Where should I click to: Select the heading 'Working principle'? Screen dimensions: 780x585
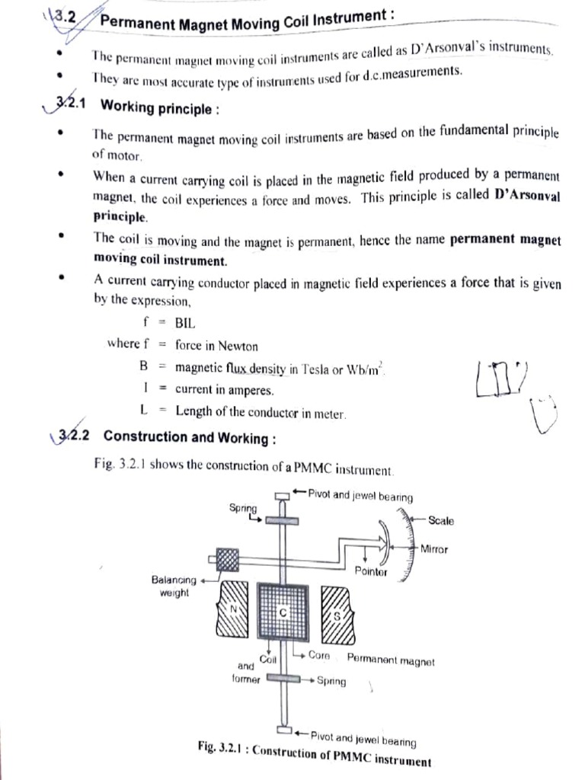[x=159, y=107]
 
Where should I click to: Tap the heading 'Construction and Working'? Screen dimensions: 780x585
[x=189, y=437]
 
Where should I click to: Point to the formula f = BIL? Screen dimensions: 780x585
[x=168, y=322]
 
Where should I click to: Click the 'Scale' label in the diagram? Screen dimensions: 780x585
[x=440, y=521]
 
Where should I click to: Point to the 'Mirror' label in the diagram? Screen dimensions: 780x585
[x=435, y=548]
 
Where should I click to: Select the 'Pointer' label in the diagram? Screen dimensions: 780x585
[x=371, y=571]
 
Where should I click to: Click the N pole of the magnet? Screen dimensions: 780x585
[x=235, y=609]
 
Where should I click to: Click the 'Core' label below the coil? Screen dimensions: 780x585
[x=318, y=655]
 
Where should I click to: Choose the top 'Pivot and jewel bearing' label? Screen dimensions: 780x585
[x=360, y=496]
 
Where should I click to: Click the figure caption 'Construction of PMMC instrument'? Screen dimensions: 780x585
[x=340, y=760]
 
